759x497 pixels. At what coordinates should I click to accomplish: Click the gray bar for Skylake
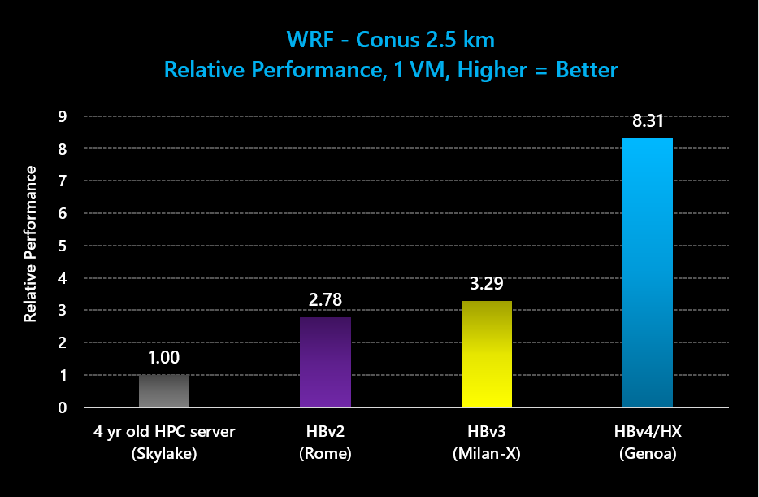click(164, 391)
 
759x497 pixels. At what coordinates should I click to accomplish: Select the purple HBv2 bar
click(325, 362)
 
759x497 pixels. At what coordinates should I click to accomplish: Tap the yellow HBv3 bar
click(487, 354)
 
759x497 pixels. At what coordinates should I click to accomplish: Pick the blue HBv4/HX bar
click(648, 272)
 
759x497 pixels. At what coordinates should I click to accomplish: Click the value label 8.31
click(648, 122)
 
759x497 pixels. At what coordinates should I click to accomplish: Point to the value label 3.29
click(487, 285)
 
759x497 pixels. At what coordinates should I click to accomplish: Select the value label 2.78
click(325, 301)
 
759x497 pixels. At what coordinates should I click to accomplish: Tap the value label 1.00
click(164, 357)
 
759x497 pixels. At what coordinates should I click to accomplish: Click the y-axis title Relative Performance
click(31, 244)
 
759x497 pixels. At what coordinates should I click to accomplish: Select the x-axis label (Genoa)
click(648, 454)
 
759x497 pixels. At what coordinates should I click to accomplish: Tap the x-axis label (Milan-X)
click(486, 454)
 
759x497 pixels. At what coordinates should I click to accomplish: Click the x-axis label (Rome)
click(325, 454)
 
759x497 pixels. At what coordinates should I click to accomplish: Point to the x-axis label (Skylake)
click(164, 454)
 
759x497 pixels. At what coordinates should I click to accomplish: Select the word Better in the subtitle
click(587, 70)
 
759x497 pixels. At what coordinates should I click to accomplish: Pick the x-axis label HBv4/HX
click(648, 432)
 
